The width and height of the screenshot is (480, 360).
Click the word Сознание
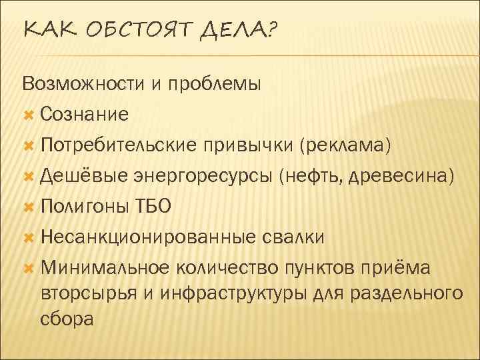[x=84, y=115]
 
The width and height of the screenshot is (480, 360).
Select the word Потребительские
[x=127, y=145]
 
